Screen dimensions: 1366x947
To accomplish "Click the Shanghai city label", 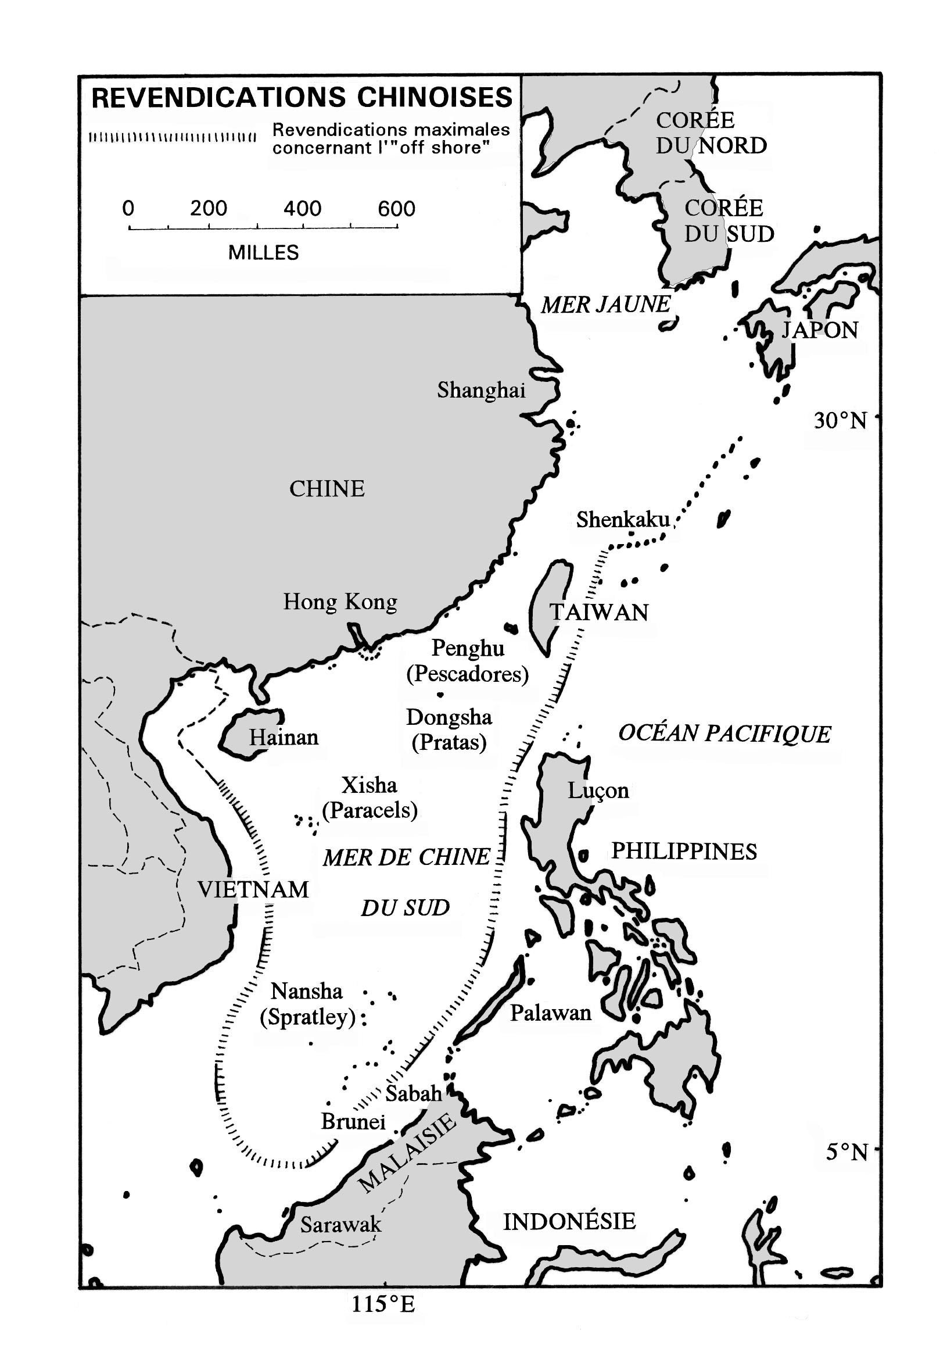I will point(480,390).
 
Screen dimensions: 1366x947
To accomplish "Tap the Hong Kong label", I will point(339,602).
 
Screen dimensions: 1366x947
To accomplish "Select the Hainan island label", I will point(283,737).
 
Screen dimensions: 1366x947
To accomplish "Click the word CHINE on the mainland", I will point(327,489).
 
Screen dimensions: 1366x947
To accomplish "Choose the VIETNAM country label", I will point(253,889).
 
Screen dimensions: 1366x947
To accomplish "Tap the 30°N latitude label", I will point(840,421).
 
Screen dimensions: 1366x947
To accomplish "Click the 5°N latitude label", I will point(846,1152).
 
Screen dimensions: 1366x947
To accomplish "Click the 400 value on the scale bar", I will point(302,208).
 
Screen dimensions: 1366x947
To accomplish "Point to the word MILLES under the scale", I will point(263,253).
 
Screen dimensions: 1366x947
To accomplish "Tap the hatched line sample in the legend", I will point(172,138).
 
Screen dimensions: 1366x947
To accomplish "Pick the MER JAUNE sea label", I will point(605,305).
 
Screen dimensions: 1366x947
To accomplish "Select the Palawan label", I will point(550,1013).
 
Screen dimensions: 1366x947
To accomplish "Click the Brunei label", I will point(353,1121).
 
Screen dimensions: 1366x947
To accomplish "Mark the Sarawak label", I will point(340,1224).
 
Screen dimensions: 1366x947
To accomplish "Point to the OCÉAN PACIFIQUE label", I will point(724,734).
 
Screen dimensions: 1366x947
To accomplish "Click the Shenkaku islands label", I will point(622,520).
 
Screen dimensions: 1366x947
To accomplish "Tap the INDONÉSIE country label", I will point(569,1221).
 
